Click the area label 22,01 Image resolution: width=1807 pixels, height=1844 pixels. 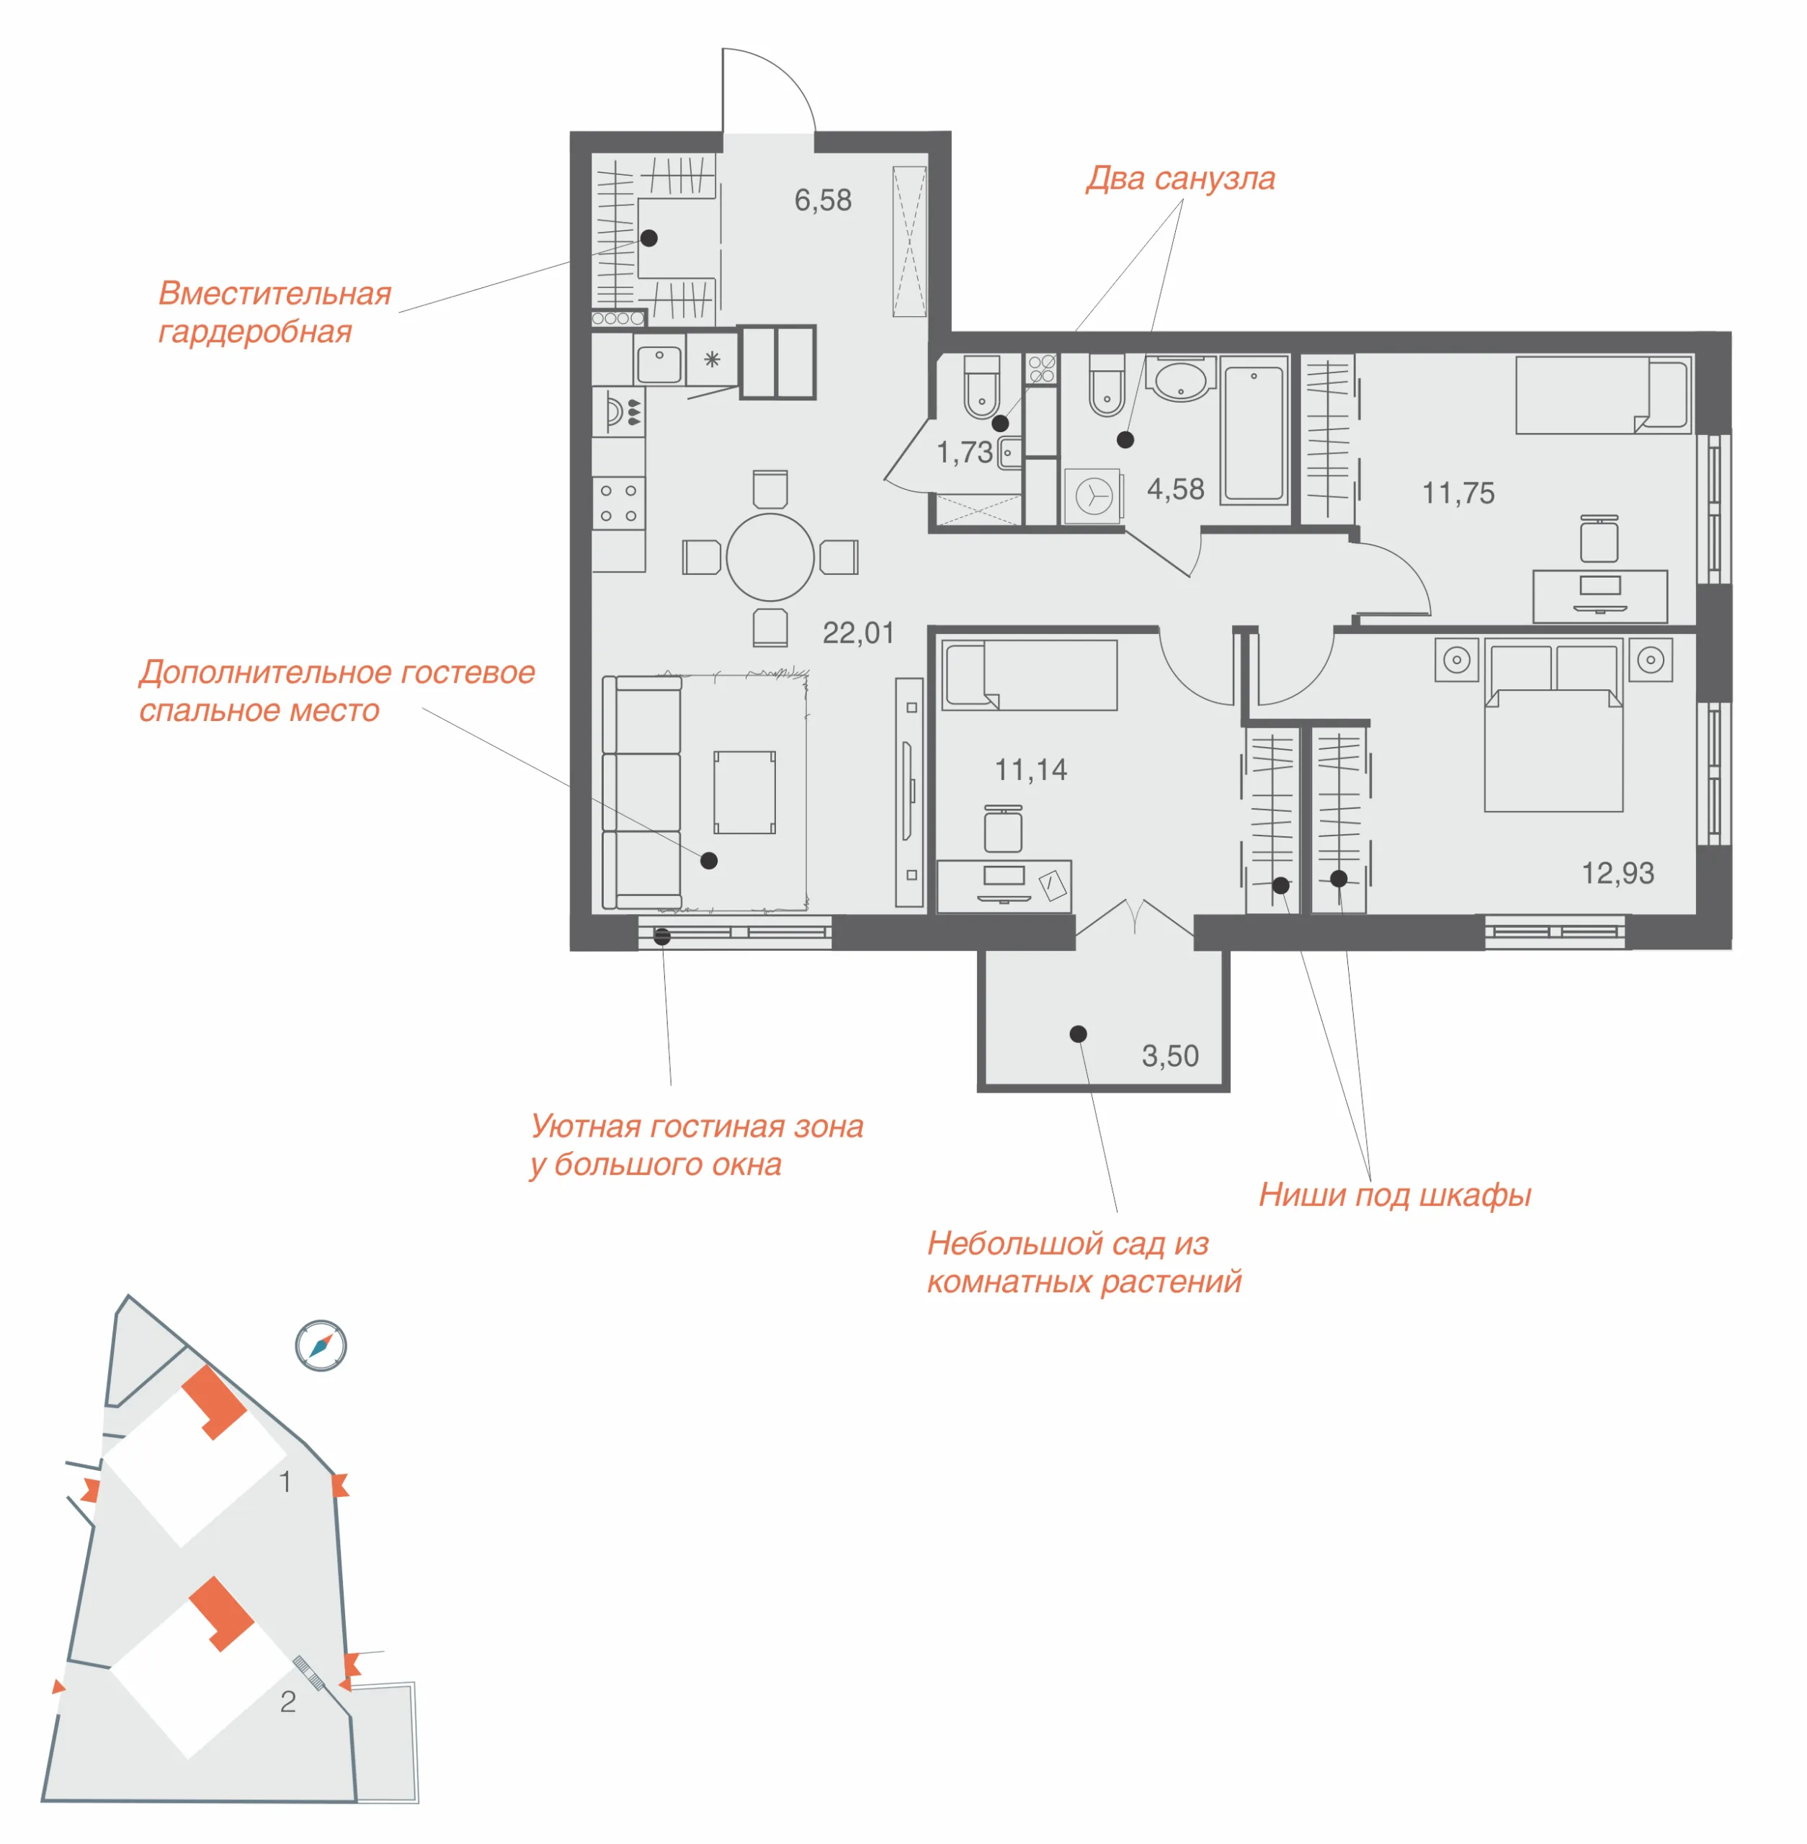point(858,633)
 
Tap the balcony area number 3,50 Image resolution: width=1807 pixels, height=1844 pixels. point(1170,1055)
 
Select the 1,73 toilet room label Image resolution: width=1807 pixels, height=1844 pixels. point(964,452)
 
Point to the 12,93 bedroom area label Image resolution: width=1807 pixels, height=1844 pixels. point(1618,873)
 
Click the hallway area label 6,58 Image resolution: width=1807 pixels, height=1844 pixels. point(823,200)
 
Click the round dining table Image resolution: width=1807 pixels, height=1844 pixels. point(769,557)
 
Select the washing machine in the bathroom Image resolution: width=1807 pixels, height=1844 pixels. point(1093,496)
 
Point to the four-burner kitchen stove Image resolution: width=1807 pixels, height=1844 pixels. point(618,503)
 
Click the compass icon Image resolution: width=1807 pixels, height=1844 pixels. point(321,1345)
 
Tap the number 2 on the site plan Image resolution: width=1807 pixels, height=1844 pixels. point(287,1701)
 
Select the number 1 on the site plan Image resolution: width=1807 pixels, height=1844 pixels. point(285,1482)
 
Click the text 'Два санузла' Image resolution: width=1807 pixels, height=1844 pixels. point(1181,179)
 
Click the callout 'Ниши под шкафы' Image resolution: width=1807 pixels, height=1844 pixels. point(1395,1196)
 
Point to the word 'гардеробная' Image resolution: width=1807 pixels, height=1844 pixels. point(254,332)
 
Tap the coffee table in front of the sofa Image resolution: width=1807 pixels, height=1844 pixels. point(745,792)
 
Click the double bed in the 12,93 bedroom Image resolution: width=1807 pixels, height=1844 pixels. point(1553,728)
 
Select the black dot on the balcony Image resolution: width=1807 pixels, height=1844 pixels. point(1078,1034)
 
